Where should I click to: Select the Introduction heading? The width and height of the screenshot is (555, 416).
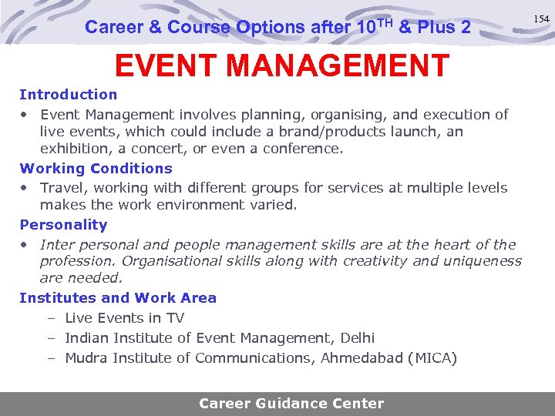pos(69,95)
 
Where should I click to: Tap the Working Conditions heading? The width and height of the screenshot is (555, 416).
pos(96,168)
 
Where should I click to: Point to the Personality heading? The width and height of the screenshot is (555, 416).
pos(63,225)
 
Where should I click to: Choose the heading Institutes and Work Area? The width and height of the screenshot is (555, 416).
pos(118,298)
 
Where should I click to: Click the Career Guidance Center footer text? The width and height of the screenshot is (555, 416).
pos(291,403)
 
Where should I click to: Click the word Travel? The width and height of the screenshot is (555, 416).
pos(61,188)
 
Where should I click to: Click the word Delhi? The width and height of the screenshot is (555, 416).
pos(356,338)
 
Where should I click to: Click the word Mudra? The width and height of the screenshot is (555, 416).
pos(86,358)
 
